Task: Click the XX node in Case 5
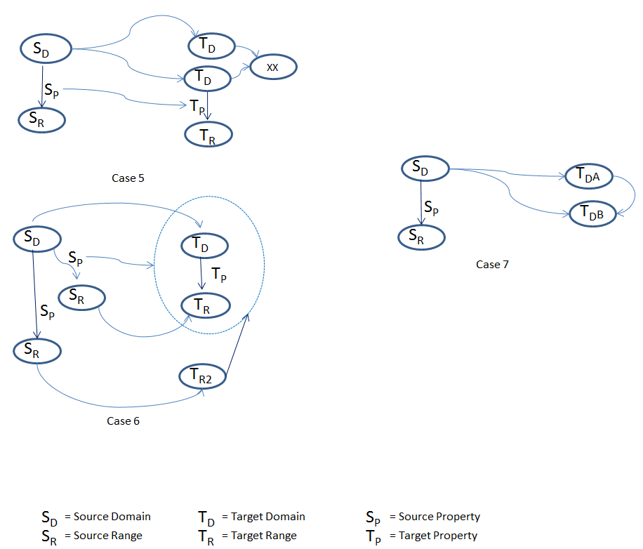(273, 67)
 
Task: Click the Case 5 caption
(128, 178)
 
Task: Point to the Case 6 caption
(124, 421)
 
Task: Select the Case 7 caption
(493, 265)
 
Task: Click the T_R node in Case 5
(208, 134)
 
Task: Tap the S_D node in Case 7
(424, 169)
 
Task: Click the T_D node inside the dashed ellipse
(204, 246)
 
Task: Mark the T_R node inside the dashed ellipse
(205, 305)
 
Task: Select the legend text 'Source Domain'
(112, 516)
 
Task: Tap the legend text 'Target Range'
(263, 535)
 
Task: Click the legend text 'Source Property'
(439, 516)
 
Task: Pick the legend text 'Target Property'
(437, 535)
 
